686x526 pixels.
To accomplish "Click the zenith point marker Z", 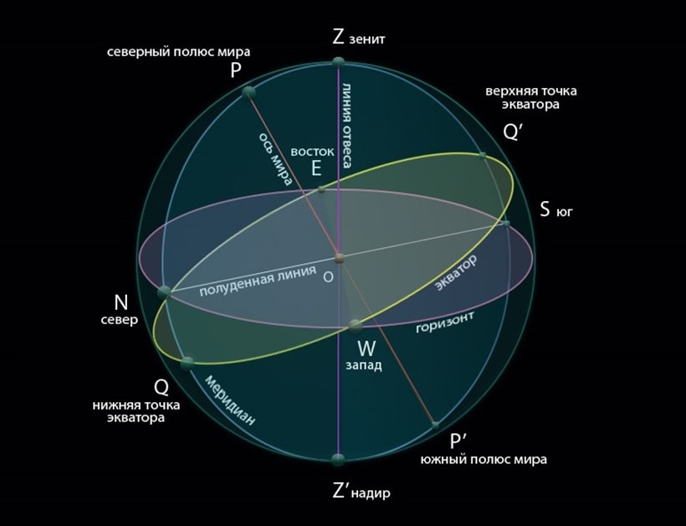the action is (338, 62).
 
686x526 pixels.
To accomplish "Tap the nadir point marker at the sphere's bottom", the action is (338, 460).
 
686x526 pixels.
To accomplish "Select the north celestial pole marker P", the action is (248, 92).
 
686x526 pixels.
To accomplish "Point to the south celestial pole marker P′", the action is (435, 425).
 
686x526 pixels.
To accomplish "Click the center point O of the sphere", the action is (340, 257).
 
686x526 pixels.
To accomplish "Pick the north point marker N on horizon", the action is (165, 291).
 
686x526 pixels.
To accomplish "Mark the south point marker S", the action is (506, 224).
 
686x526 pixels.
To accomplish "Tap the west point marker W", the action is (355, 326).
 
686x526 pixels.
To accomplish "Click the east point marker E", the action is (321, 189).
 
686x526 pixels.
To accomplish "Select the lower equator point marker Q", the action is (187, 364).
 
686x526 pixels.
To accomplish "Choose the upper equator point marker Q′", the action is (482, 156).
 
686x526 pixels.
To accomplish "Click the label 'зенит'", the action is (367, 39).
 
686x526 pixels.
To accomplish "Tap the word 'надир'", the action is (370, 493).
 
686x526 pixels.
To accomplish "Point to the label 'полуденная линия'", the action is (258, 281).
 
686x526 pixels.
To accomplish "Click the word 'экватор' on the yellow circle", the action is (456, 272).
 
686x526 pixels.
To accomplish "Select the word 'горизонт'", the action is (444, 322).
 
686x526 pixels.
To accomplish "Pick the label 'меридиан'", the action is (230, 400).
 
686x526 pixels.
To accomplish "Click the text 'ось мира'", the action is (275, 159).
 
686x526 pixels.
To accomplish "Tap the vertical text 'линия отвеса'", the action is (346, 126).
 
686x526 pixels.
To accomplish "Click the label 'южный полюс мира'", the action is (484, 460).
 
